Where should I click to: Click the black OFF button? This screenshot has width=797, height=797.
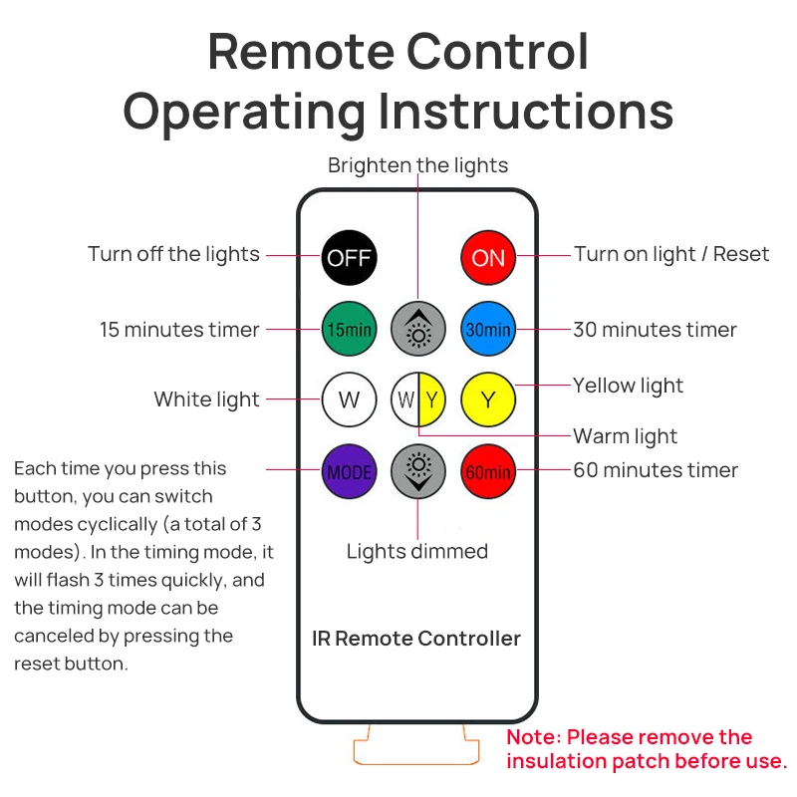pos(349,258)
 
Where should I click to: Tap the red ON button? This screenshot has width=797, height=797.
pos(488,258)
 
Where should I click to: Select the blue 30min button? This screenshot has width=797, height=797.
pos(488,329)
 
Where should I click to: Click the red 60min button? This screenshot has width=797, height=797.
pos(488,471)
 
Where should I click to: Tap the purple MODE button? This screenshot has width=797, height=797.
pos(349,471)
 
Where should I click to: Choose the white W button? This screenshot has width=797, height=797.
pos(349,400)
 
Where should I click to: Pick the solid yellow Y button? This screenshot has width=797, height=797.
pos(488,400)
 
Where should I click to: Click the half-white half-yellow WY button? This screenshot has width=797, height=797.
pos(418,400)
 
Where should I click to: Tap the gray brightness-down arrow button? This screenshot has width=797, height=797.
pos(418,471)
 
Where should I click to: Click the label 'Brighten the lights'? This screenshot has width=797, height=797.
pos(417,165)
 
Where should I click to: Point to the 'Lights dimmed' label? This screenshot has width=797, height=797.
pos(417,551)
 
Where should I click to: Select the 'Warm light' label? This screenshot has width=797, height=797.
pos(625,436)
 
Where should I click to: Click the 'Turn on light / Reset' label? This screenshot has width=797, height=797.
pos(670,254)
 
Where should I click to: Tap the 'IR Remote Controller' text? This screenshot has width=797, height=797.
pos(416,639)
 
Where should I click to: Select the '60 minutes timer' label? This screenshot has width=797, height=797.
pos(655,470)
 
